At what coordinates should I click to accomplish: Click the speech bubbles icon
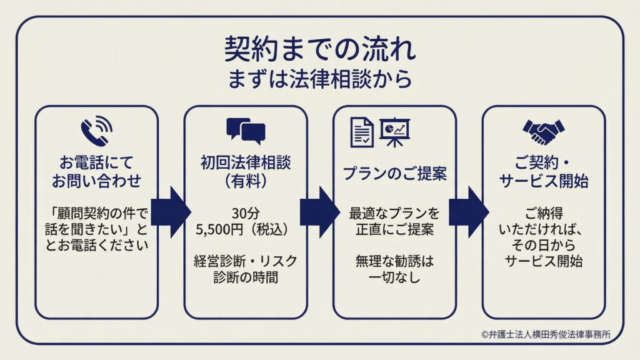[246, 131]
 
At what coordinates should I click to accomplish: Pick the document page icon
[361, 132]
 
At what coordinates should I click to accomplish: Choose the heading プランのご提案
[394, 174]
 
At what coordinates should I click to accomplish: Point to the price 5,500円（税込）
[246, 229]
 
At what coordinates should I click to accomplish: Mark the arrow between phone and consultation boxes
[170, 212]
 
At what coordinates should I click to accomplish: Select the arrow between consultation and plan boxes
[319, 212]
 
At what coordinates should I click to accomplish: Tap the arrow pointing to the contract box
[468, 212]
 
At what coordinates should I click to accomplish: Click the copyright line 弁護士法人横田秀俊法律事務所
[550, 334]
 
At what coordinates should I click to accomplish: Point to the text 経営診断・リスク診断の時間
[246, 268]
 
